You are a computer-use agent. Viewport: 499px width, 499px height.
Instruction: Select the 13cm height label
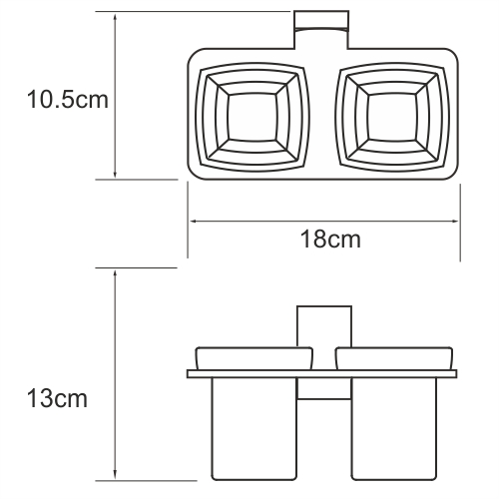tap(55, 399)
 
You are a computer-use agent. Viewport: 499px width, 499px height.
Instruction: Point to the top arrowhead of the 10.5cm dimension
tap(118, 18)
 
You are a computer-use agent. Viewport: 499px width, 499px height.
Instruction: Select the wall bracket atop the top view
tap(321, 29)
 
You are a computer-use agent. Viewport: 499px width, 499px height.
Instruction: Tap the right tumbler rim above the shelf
tap(391, 358)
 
